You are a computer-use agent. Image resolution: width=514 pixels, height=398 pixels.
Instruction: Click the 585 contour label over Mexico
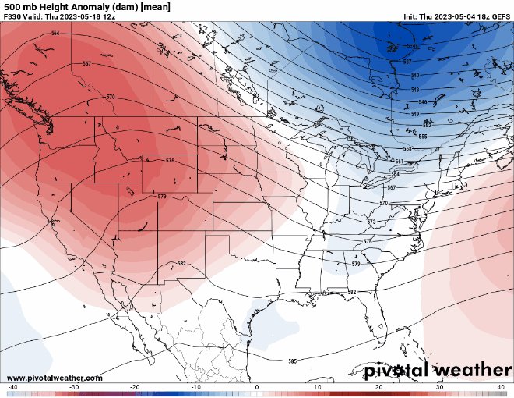tap(292, 361)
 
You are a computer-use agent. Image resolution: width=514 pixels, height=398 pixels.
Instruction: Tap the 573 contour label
tap(371, 222)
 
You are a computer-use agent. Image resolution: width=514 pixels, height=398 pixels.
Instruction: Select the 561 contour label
tap(399, 162)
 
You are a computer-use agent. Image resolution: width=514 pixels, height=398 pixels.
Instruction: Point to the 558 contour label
tap(407, 148)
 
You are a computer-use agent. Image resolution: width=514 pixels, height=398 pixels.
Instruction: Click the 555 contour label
tap(423, 137)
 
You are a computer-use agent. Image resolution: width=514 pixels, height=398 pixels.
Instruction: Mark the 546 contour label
tap(423, 102)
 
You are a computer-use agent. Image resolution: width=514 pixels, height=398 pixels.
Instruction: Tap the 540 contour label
tap(415, 75)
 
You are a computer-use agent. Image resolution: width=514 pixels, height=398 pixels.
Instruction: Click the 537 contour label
tap(407, 61)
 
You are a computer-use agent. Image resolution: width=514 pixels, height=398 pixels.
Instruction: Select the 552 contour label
tap(427, 125)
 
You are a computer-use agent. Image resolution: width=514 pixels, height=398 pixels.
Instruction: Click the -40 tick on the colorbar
tap(12, 387)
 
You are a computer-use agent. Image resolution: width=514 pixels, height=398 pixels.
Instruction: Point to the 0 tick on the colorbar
tap(257, 387)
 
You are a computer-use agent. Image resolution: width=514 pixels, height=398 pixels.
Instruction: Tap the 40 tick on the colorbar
tap(501, 387)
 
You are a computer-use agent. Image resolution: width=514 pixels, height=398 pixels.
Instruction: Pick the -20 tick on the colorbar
tap(135, 387)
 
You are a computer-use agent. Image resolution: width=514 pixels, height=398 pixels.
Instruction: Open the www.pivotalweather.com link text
tap(53, 378)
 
